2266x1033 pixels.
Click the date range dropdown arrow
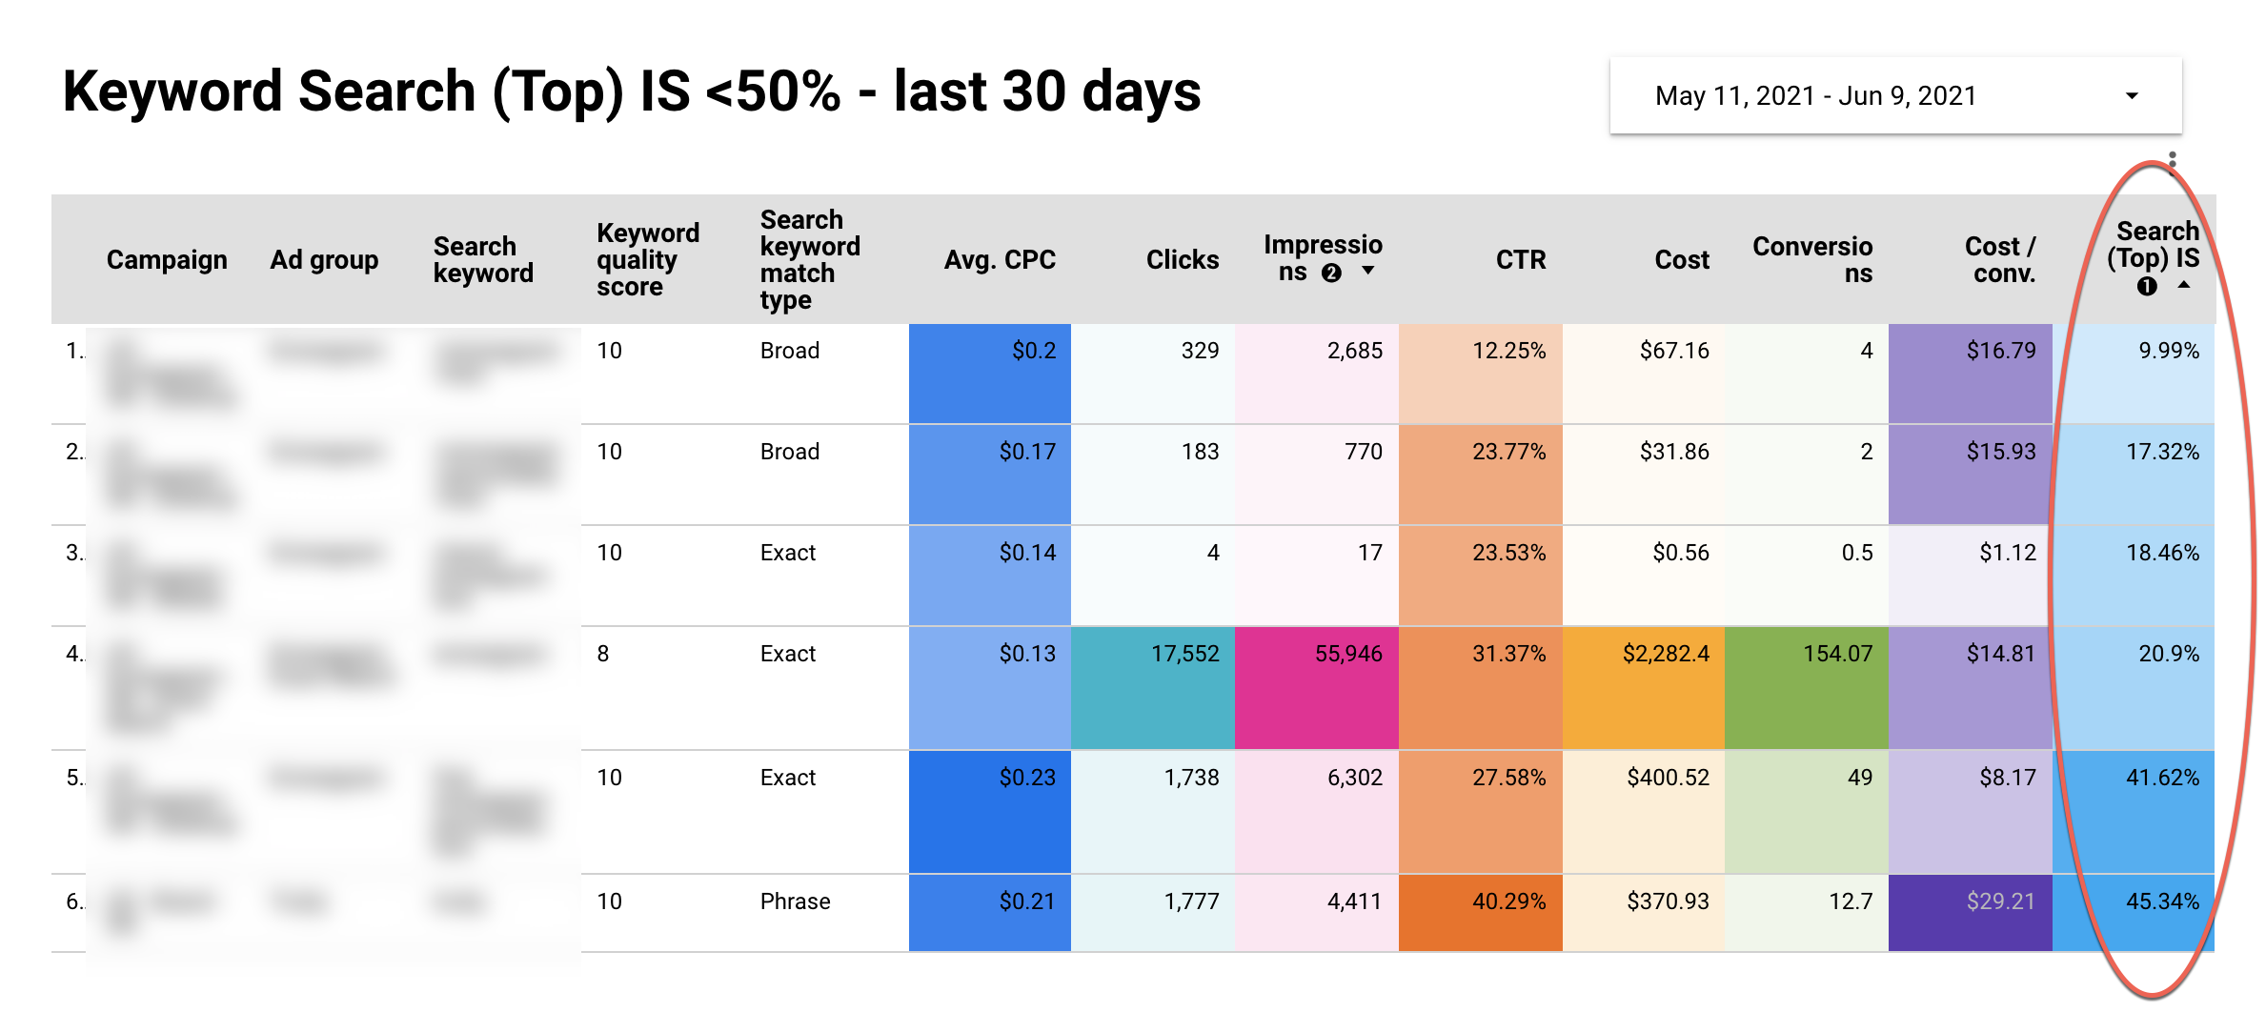pyautogui.click(x=2132, y=96)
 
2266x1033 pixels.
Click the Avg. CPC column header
pyautogui.click(x=999, y=259)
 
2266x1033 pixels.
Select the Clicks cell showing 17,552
pyautogui.click(x=1184, y=654)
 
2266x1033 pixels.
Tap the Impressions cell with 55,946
pyautogui.click(x=1347, y=654)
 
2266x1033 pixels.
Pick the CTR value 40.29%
pyautogui.click(x=1508, y=901)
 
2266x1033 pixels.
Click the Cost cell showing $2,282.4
pyautogui.click(x=1666, y=654)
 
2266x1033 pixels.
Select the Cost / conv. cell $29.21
pyautogui.click(x=2000, y=901)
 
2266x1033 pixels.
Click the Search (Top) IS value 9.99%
pyautogui.click(x=2168, y=351)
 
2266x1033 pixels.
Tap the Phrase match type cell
pyautogui.click(x=795, y=901)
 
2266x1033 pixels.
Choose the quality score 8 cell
pyautogui.click(x=603, y=654)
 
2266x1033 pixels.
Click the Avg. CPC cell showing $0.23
pyautogui.click(x=1026, y=778)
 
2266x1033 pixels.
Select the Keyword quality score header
pyautogui.click(x=647, y=259)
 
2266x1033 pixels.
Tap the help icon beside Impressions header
pyautogui.click(x=1331, y=273)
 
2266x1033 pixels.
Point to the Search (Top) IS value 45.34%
pyautogui.click(x=2162, y=901)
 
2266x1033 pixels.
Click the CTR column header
pyautogui.click(x=1520, y=259)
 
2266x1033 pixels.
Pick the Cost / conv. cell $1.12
pyautogui.click(x=2007, y=553)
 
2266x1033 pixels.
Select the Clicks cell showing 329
pyautogui.click(x=1199, y=351)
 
